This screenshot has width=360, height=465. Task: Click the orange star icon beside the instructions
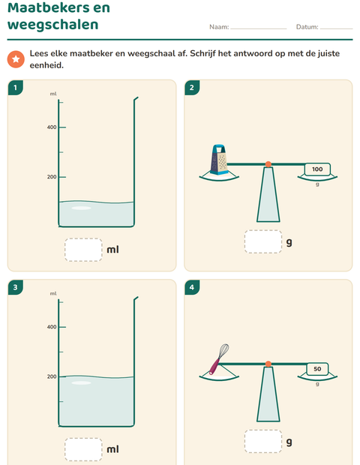16,59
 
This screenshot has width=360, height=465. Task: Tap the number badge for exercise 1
16,88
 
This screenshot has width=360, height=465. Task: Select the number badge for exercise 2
192,88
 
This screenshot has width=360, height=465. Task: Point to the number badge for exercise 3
16,287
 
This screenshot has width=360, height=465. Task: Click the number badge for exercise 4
192,287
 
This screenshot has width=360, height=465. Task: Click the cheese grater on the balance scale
219,160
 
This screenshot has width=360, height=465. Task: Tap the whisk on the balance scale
219,359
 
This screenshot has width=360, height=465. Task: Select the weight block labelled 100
317,169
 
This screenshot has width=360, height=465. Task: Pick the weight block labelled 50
317,369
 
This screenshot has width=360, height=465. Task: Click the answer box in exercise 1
83,250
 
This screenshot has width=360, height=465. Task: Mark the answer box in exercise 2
263,241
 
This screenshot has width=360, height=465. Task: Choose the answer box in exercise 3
83,449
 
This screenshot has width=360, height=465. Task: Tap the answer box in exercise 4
263,441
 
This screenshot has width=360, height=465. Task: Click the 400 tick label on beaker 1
52,127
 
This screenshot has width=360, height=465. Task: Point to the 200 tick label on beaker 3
52,376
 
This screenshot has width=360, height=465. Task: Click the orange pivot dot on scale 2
268,164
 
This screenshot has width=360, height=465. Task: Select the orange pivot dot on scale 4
268,364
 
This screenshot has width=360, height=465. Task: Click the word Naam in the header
219,27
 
